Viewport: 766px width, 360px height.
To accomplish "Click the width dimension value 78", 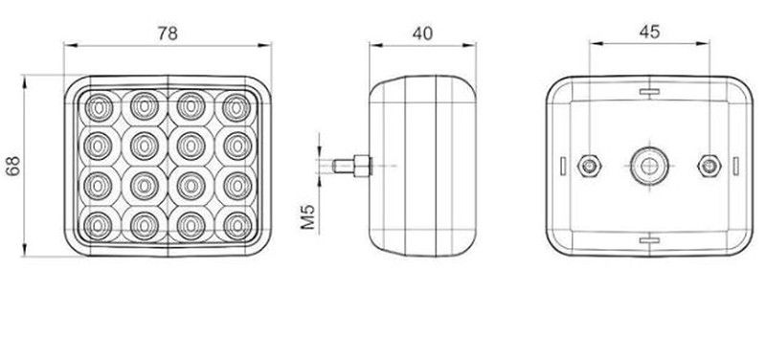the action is click(x=168, y=34).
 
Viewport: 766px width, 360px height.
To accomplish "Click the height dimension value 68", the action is click(x=13, y=166).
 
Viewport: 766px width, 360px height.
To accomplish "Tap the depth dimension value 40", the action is click(x=422, y=34).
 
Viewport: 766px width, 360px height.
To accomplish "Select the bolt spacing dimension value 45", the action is click(x=649, y=32).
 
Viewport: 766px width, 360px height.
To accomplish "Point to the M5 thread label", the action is click(x=307, y=217).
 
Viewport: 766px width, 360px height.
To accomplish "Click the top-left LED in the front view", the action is click(x=99, y=106).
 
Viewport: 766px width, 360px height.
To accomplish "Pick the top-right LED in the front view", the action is click(x=237, y=106).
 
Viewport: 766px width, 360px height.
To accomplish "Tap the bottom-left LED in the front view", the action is click(x=99, y=226).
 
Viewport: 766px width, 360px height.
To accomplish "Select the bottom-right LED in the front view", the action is click(x=237, y=226).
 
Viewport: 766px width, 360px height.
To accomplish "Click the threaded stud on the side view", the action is click(x=351, y=166).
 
